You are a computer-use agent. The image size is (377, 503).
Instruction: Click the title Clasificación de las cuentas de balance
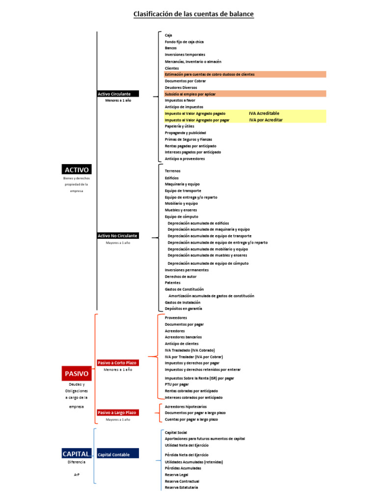tap(193, 14)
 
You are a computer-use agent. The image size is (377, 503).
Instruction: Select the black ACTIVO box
tap(77, 169)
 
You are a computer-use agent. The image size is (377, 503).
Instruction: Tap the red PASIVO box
tap(77, 373)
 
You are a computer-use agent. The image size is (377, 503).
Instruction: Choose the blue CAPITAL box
tap(77, 454)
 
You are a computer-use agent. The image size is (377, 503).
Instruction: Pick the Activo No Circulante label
tap(118, 236)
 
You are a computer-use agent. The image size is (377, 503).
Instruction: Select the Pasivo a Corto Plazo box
tap(118, 363)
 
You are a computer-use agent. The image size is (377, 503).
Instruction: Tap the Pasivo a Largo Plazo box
tap(118, 413)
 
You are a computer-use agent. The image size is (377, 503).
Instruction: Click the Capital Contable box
tap(118, 454)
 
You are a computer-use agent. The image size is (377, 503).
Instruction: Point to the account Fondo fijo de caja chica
tap(184, 42)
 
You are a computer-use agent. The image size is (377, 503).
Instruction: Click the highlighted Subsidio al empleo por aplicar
tap(190, 93)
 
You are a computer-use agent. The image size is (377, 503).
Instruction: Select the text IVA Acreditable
tap(265, 113)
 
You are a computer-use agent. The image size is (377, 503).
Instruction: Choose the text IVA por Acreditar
tap(266, 119)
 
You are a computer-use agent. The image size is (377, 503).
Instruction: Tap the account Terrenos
tap(173, 170)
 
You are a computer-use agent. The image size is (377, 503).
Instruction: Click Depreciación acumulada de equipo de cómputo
tap(208, 263)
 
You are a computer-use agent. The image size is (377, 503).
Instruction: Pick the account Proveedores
tap(176, 318)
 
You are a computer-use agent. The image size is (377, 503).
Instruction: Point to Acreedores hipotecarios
tap(186, 407)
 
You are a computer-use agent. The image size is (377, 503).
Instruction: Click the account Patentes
tap(172, 282)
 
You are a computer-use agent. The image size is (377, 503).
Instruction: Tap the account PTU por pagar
tap(177, 385)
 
